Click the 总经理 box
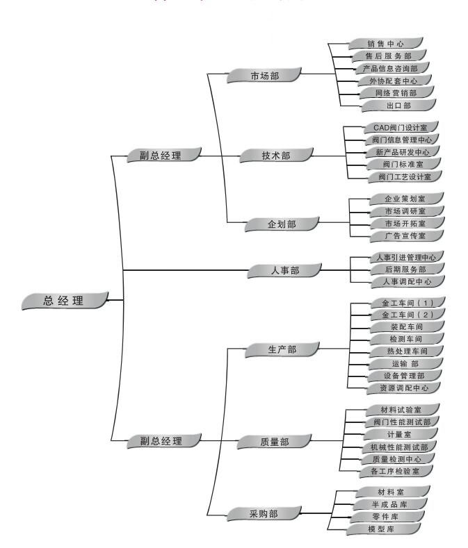tap(64, 300)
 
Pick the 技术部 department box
tap(275, 156)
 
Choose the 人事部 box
tap(284, 270)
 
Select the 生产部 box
tap(282, 349)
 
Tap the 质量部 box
tap(274, 440)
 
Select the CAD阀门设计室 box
tap(405, 128)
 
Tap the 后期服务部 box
tap(406, 269)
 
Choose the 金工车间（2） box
tap(408, 315)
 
